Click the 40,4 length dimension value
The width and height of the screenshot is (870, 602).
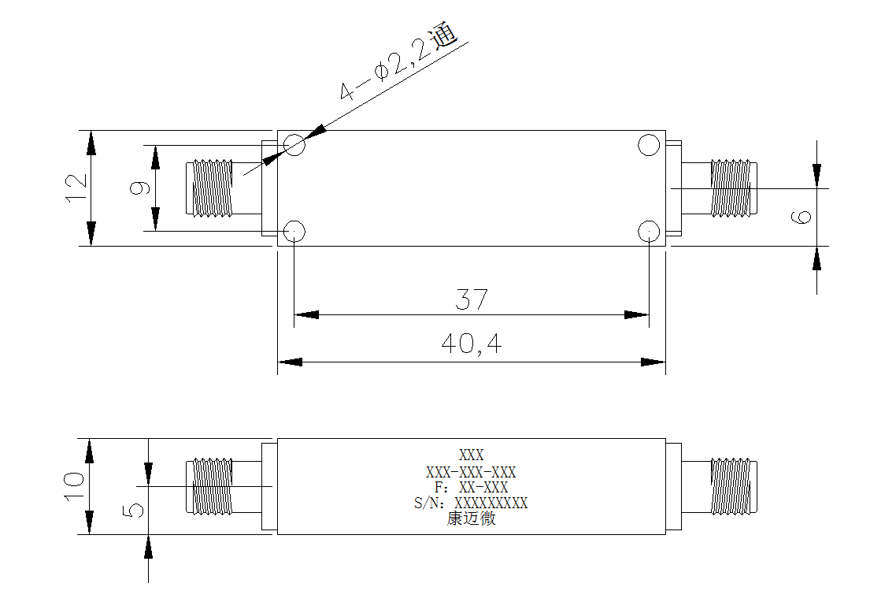pyautogui.click(x=472, y=344)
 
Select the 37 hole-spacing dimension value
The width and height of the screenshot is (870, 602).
pyautogui.click(x=472, y=299)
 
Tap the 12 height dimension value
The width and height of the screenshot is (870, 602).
pyautogui.click(x=77, y=188)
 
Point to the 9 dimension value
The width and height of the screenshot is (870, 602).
pyautogui.click(x=139, y=188)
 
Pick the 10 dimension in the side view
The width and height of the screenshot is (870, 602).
pyautogui.click(x=75, y=486)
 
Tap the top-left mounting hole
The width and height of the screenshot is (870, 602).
pyautogui.click(x=294, y=145)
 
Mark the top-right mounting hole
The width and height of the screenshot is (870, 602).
pyautogui.click(x=649, y=145)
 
